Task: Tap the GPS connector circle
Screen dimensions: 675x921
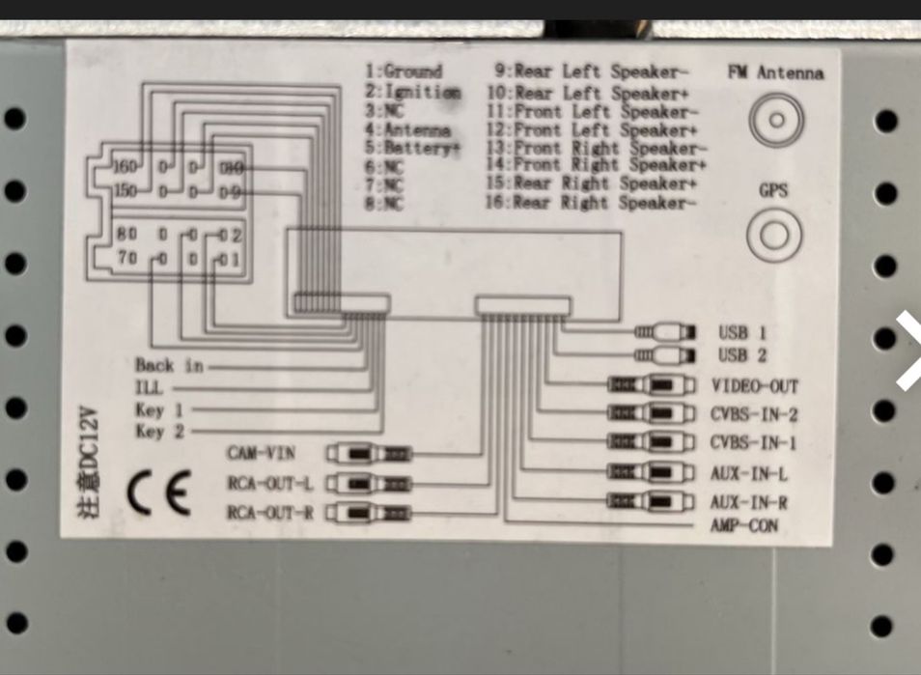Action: [x=774, y=235]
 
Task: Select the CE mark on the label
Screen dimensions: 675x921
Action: [x=159, y=493]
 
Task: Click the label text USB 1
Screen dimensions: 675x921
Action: [x=742, y=331]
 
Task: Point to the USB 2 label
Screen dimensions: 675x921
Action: [x=742, y=354]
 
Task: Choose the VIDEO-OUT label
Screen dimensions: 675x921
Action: [x=755, y=386]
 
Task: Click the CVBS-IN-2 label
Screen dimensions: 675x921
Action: [x=754, y=415]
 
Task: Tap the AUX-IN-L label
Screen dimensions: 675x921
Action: [x=749, y=474]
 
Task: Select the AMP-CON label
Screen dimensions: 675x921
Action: [x=744, y=526]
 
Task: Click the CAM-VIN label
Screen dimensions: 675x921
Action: [x=261, y=453]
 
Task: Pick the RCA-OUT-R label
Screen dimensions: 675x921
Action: [x=269, y=512]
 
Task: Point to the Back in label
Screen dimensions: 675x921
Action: [x=169, y=365]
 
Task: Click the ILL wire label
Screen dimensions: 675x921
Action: [x=149, y=387]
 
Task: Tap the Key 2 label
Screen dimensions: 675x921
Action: [x=159, y=432]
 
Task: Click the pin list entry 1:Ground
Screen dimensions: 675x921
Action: [x=404, y=70]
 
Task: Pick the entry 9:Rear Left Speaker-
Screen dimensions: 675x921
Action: [x=591, y=71]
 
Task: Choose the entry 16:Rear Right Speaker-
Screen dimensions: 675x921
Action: [x=590, y=203]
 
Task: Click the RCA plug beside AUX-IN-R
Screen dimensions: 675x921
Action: [x=652, y=502]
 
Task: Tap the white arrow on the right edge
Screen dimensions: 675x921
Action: [x=908, y=351]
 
